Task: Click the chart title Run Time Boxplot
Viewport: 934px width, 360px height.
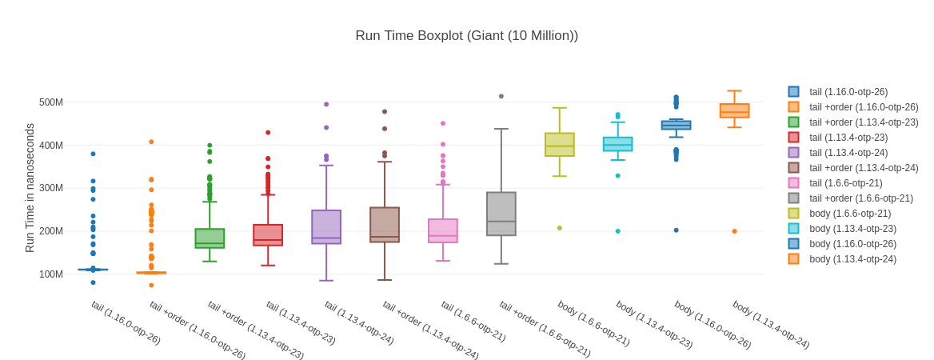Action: [466, 36]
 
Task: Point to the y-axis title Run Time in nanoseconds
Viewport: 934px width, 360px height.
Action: [30, 188]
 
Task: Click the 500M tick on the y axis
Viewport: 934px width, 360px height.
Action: [50, 102]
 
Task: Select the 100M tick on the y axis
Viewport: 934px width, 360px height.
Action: [50, 274]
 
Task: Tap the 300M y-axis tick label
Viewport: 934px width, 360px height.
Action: [50, 188]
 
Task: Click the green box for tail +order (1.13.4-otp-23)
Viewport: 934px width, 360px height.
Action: [210, 238]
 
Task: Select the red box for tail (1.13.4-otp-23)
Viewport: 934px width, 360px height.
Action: [268, 234]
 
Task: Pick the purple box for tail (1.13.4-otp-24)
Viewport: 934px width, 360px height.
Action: [326, 226]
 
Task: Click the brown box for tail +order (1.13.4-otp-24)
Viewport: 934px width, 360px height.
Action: [385, 225]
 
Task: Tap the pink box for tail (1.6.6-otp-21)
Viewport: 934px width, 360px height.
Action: [443, 230]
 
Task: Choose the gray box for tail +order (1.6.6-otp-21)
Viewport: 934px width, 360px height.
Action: [501, 214]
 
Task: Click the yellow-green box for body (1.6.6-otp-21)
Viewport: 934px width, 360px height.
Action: [560, 145]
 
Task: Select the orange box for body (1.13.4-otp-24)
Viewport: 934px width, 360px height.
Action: [735, 110]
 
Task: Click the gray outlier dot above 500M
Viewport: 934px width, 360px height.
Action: [501, 96]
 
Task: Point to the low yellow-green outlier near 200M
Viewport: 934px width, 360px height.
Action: [560, 228]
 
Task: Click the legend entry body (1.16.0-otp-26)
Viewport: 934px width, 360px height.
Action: [852, 244]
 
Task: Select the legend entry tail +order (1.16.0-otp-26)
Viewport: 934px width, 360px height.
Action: [864, 107]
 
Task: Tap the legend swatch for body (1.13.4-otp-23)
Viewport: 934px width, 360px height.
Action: [793, 229]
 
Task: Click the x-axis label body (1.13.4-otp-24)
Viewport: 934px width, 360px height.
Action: [771, 324]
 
